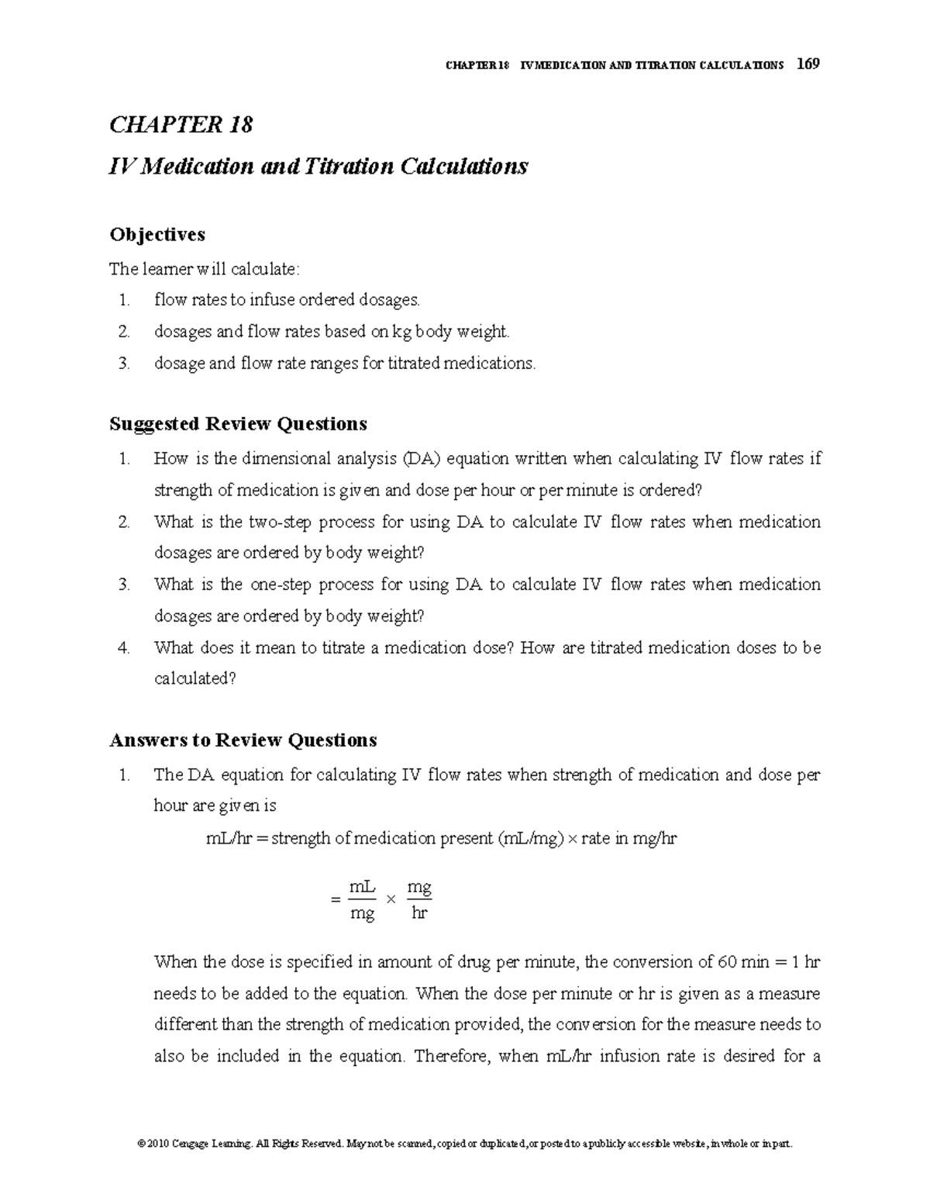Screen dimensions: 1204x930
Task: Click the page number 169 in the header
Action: click(x=807, y=64)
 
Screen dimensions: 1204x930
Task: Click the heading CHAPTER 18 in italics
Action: click(x=181, y=125)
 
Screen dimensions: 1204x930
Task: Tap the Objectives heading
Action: click(x=157, y=234)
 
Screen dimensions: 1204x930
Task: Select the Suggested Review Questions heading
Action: click(x=238, y=424)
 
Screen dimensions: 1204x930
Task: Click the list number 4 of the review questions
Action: click(x=124, y=647)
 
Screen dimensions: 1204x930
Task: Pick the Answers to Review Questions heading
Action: click(x=243, y=740)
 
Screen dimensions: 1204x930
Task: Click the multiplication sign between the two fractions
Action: click(x=391, y=899)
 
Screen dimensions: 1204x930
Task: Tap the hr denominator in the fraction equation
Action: click(x=418, y=913)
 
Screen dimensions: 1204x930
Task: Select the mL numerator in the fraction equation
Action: click(x=362, y=886)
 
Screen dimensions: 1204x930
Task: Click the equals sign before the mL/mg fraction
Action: click(x=335, y=900)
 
